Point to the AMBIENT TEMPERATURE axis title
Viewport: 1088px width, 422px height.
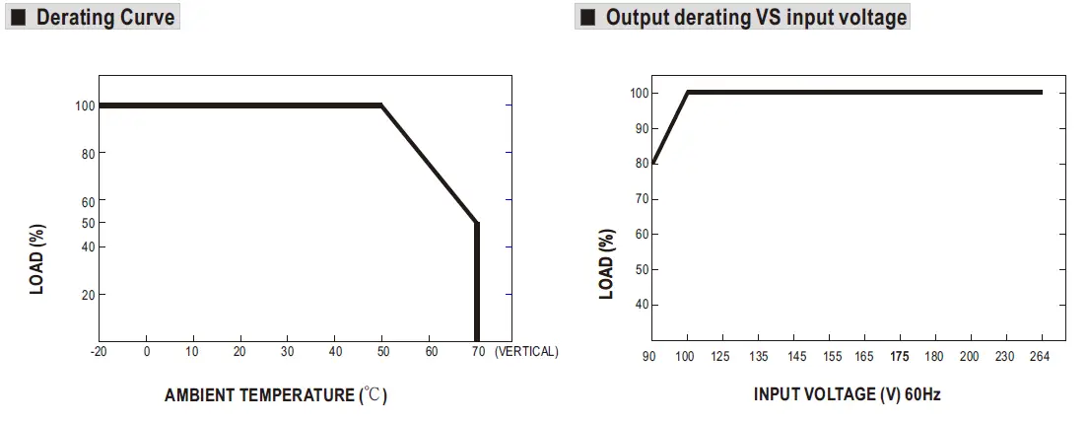[x=276, y=395]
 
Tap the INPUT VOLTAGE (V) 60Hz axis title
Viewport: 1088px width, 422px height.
[x=848, y=394]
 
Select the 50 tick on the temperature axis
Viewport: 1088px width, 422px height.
[x=382, y=351]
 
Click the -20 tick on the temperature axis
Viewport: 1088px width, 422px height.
[x=99, y=351]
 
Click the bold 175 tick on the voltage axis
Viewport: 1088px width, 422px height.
[x=899, y=356]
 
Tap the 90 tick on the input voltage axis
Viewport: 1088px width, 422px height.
[x=648, y=356]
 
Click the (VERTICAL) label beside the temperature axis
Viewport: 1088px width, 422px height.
[x=526, y=351]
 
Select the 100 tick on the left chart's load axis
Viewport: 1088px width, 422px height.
[x=85, y=105]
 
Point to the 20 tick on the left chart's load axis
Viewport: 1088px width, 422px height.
[x=88, y=295]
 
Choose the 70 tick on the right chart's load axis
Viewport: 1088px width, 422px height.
[x=641, y=199]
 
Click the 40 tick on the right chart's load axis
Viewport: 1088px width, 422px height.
[x=641, y=305]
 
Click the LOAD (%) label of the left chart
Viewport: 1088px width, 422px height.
[x=37, y=259]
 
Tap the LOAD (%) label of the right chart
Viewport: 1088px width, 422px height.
[x=607, y=264]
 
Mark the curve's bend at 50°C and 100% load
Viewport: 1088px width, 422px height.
[x=382, y=105]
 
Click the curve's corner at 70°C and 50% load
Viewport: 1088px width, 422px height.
[x=477, y=223]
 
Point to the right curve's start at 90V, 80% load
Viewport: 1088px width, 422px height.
[x=652, y=163]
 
